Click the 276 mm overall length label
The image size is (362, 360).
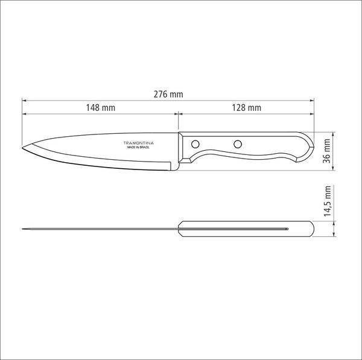tap(168, 94)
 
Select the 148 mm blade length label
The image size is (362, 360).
tap(100, 107)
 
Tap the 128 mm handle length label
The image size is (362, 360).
tap(247, 107)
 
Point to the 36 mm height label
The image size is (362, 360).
tap(327, 151)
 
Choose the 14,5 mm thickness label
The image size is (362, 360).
tap(328, 201)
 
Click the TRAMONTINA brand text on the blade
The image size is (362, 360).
tap(139, 143)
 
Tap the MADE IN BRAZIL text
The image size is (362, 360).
tap(138, 147)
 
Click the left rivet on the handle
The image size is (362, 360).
tap(195, 145)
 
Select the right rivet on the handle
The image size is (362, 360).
tap(238, 145)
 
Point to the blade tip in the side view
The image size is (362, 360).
tap(22, 148)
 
